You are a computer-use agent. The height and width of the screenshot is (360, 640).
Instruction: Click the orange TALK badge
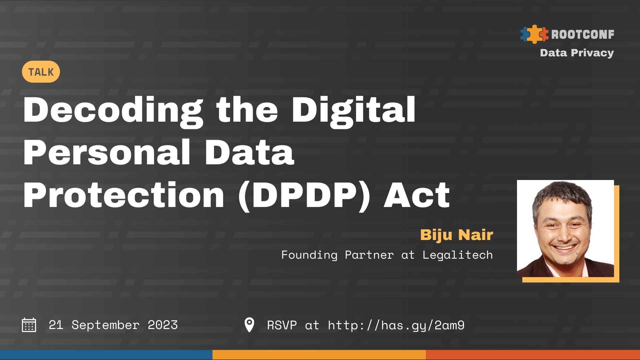41,72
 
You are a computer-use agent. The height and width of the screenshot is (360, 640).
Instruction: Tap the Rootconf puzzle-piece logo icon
534,34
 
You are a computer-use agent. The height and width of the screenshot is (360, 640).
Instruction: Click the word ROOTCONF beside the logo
582,34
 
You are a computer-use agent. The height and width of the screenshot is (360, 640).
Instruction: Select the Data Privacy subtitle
577,53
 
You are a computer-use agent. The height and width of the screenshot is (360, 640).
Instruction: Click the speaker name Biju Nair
456,235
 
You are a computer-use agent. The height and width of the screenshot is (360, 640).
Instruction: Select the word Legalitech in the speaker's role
457,255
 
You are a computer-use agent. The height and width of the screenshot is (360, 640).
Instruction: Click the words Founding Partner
337,255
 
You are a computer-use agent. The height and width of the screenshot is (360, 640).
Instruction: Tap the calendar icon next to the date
29,325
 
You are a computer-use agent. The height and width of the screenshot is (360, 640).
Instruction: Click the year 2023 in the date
163,325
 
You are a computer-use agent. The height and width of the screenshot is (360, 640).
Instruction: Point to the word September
105,325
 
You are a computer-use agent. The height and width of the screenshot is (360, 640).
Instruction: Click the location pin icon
249,325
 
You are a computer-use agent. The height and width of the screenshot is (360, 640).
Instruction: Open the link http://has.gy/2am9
396,325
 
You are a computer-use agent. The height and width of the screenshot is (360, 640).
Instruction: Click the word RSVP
282,325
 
